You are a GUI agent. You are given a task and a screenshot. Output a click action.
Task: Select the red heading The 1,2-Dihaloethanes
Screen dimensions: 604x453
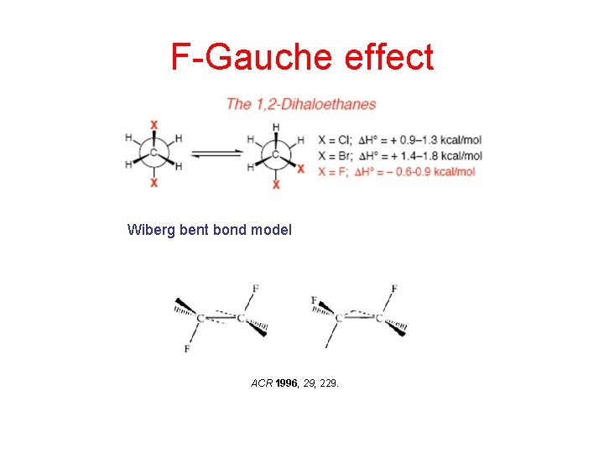point(300,104)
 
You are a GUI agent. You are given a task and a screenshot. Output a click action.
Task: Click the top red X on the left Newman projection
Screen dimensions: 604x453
point(154,125)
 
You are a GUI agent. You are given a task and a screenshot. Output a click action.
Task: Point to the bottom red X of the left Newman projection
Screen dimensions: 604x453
point(154,182)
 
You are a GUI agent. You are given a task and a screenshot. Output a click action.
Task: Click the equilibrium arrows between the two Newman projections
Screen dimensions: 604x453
point(215,154)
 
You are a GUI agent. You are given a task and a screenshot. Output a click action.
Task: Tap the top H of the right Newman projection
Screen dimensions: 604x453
point(276,127)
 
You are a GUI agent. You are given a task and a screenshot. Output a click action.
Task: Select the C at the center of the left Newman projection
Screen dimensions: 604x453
point(154,153)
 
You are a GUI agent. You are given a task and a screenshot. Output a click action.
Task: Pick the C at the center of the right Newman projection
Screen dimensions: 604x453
point(276,154)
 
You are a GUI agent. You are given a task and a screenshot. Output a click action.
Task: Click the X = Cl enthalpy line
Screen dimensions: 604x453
point(399,139)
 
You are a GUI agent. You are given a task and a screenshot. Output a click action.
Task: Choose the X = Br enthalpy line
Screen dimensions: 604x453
point(399,155)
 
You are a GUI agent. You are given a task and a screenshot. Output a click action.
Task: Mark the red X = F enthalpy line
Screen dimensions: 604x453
point(396,171)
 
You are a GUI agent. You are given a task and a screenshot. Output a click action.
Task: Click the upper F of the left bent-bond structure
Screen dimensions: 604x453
point(256,289)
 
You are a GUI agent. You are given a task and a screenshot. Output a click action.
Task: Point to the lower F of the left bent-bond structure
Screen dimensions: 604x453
point(186,349)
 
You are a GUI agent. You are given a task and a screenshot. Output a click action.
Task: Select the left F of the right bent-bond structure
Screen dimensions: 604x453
point(314,300)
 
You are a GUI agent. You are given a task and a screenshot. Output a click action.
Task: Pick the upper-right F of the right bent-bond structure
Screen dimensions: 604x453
point(394,289)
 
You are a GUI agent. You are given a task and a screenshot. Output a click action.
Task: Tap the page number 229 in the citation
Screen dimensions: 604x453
point(330,383)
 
